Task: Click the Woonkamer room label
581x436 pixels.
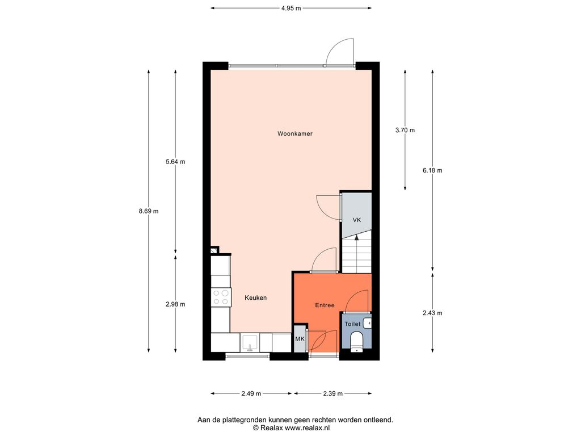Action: tap(294, 133)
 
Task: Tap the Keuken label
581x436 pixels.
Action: tap(256, 297)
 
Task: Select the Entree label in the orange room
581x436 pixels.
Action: tap(325, 305)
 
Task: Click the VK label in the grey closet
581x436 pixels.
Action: tap(356, 220)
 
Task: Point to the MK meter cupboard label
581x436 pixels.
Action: tap(300, 338)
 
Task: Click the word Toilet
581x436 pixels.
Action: tap(352, 324)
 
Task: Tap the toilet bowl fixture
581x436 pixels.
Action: tap(356, 342)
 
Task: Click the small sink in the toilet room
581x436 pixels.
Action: tap(368, 323)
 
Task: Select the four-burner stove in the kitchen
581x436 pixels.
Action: tap(221, 297)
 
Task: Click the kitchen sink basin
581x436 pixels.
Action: tap(250, 342)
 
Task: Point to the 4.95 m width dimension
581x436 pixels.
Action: tap(291, 8)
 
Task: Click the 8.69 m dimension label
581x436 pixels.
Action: tap(149, 211)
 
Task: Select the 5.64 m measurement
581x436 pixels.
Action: tap(175, 162)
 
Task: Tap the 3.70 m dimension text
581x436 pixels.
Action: tap(405, 130)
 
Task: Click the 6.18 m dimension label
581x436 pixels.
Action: tap(432, 170)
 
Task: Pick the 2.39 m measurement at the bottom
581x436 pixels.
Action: tap(332, 393)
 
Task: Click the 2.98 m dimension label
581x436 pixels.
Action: tap(175, 304)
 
